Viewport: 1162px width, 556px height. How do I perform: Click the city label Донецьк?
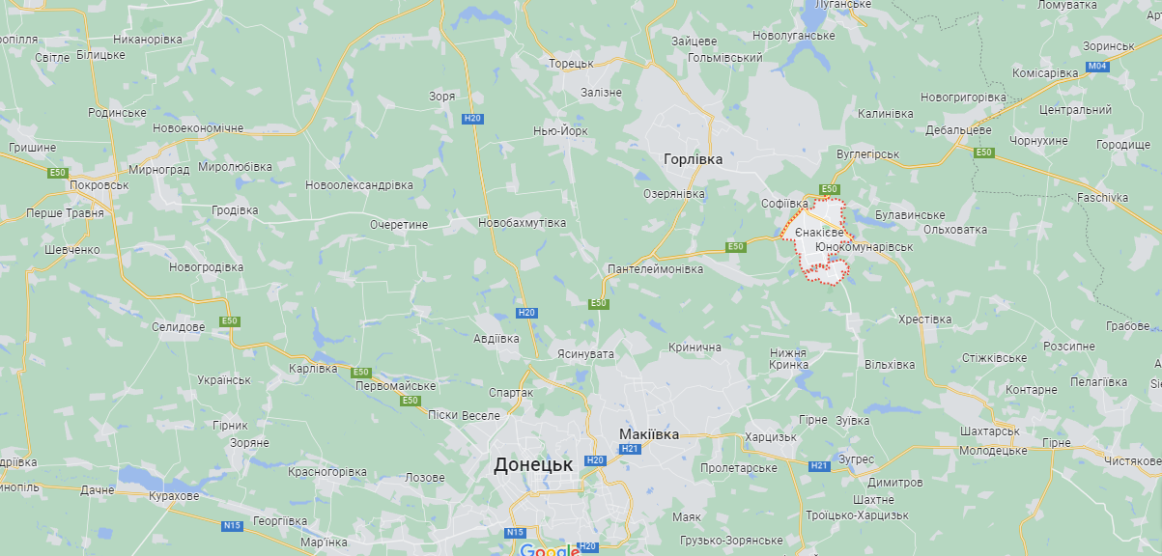click(x=532, y=465)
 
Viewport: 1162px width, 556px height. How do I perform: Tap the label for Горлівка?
click(x=693, y=158)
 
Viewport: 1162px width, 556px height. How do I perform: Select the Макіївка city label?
click(x=649, y=434)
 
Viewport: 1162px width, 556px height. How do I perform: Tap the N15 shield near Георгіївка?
click(x=232, y=526)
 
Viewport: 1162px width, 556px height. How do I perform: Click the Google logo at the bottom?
click(x=548, y=550)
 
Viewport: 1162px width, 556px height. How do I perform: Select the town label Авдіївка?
click(x=496, y=339)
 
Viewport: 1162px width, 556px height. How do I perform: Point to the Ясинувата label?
click(x=585, y=354)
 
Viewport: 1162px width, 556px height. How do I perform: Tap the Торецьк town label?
click(x=571, y=63)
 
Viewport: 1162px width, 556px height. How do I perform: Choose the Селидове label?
click(x=178, y=327)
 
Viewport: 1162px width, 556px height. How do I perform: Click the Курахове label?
click(x=174, y=496)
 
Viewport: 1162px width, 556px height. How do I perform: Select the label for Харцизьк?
click(x=771, y=437)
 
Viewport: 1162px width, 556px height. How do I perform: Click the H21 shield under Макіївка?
click(x=631, y=449)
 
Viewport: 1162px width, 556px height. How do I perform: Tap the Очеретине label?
click(x=398, y=224)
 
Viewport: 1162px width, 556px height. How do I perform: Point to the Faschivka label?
click(x=1102, y=198)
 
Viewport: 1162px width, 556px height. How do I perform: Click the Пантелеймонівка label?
click(x=655, y=268)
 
